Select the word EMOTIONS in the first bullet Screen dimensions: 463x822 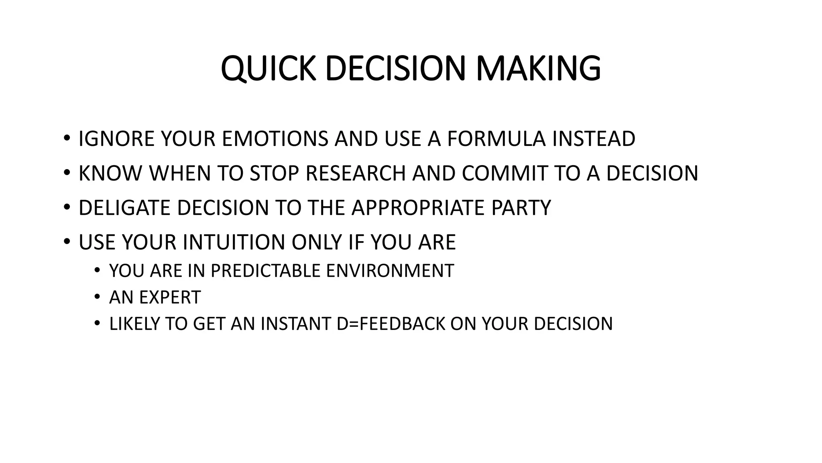(275, 139)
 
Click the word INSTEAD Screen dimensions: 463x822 (594, 139)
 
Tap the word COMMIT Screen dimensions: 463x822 (505, 173)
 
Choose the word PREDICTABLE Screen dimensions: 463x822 (265, 271)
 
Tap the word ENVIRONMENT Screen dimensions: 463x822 (390, 271)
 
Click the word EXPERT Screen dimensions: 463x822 (169, 297)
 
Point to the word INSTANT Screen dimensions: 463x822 (295, 324)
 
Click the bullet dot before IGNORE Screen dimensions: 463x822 (67, 139)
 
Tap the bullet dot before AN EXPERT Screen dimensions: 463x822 (97, 297)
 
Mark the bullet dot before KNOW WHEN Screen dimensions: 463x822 (67, 173)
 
